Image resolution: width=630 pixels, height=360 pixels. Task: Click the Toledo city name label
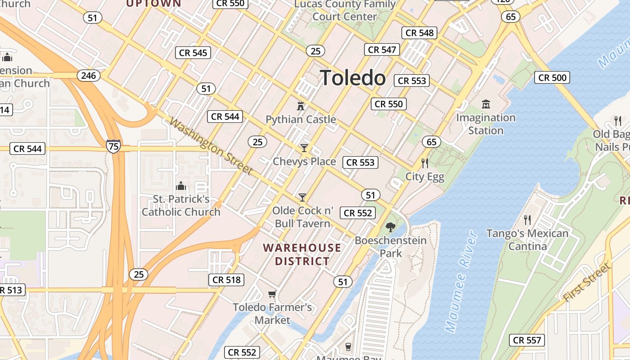click(353, 78)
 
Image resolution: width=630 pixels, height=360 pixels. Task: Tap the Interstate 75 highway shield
click(113, 146)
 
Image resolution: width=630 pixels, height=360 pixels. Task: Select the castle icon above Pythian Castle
click(300, 106)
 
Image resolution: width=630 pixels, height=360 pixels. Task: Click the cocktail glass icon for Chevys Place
click(304, 148)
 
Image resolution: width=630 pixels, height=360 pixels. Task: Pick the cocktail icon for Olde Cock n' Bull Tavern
click(302, 197)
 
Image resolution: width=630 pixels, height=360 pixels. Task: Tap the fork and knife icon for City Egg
click(424, 163)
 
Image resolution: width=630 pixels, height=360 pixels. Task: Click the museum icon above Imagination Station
click(486, 104)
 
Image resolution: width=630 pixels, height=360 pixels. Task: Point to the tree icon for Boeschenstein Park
click(390, 227)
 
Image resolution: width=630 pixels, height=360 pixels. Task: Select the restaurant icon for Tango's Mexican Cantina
click(527, 220)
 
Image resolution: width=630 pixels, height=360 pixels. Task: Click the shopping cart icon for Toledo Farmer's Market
click(272, 294)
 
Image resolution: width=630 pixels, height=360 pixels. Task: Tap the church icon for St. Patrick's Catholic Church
click(181, 186)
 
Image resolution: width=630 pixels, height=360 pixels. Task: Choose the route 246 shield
click(88, 76)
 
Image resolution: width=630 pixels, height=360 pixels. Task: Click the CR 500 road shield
click(553, 77)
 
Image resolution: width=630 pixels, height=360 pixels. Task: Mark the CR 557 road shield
click(527, 340)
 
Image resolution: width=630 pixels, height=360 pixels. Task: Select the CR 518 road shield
click(227, 280)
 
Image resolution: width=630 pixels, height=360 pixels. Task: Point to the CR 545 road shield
click(193, 53)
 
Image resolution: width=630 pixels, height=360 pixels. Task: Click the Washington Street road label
click(211, 146)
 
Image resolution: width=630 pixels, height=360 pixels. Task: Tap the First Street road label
click(587, 282)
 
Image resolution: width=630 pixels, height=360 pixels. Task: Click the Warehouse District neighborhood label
click(302, 254)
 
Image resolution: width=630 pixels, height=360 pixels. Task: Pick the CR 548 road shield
click(419, 32)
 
